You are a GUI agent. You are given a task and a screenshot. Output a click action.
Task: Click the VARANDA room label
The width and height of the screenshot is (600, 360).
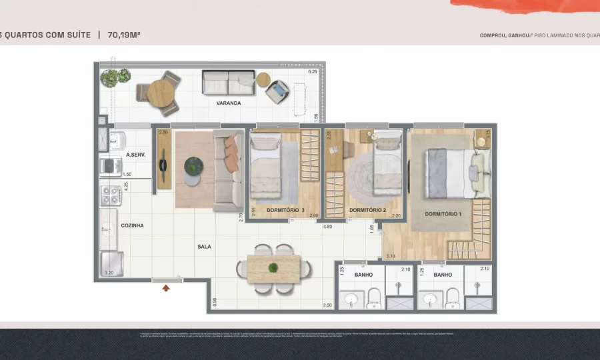228,103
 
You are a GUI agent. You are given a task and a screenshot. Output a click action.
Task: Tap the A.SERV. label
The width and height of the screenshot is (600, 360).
135,155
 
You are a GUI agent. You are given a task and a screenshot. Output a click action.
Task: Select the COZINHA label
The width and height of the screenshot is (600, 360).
132,225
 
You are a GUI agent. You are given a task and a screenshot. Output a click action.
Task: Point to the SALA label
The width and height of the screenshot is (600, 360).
204,246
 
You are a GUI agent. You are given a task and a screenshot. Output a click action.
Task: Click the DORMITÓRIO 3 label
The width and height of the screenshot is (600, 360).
285,211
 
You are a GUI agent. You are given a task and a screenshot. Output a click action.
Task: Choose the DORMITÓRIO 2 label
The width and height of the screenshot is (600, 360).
368,211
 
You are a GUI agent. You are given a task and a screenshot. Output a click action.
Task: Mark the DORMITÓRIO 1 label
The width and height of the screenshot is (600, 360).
443,213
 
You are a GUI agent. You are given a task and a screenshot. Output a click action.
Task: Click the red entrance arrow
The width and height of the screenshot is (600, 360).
166,288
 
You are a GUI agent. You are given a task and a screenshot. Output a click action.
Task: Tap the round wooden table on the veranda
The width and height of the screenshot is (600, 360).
160,93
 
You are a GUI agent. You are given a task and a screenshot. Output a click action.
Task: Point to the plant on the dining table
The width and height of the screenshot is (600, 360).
273,268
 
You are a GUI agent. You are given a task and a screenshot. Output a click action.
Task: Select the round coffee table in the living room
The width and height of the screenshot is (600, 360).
193,166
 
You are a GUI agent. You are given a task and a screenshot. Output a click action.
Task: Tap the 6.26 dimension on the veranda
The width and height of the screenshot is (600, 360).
312,72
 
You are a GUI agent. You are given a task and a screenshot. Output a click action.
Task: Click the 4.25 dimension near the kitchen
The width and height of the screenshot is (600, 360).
127,186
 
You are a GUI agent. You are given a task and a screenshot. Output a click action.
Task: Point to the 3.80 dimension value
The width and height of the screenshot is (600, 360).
327,227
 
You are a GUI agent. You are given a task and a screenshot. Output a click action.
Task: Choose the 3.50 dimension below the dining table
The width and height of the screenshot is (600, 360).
327,305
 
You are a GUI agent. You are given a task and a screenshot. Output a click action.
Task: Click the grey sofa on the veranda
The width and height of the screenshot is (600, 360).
228,83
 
